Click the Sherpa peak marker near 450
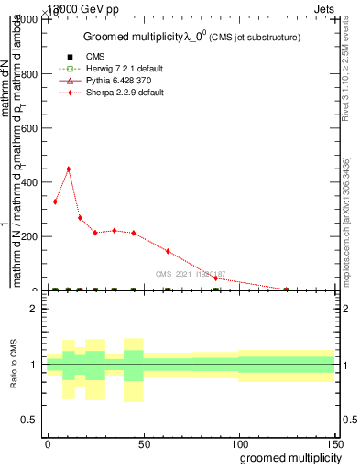68,169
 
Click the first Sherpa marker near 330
55,202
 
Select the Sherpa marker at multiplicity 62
168,250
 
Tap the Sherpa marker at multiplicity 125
287,289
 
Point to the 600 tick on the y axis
30,129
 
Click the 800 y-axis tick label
30,75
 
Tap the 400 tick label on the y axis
30,183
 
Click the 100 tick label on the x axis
239,442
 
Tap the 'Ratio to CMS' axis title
15,365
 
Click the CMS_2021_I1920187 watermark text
190,274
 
